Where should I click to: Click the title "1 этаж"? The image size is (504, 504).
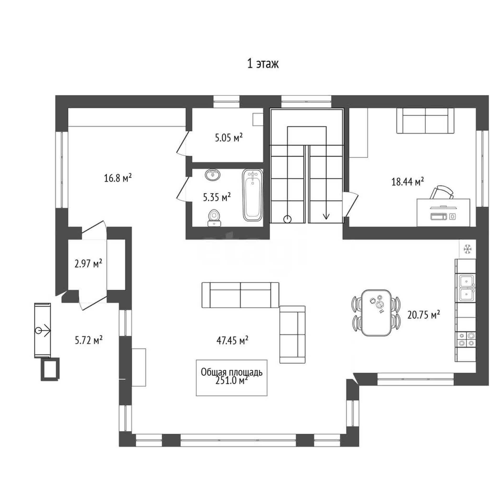tap(263, 64)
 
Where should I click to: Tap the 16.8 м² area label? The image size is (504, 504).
tap(118, 178)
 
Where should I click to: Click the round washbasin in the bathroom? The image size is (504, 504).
tap(213, 175)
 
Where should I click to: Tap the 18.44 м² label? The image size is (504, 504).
tap(408, 181)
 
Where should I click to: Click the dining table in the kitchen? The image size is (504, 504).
tap(376, 312)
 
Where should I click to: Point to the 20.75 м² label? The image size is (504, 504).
tap(424, 314)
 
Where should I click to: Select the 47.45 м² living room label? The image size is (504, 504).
tap(232, 340)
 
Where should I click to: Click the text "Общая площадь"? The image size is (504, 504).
tap(232, 372)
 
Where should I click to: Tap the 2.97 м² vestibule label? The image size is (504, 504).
tap(88, 264)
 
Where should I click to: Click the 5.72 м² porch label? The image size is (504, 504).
tap(88, 340)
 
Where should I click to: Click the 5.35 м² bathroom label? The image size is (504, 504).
tap(217, 197)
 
